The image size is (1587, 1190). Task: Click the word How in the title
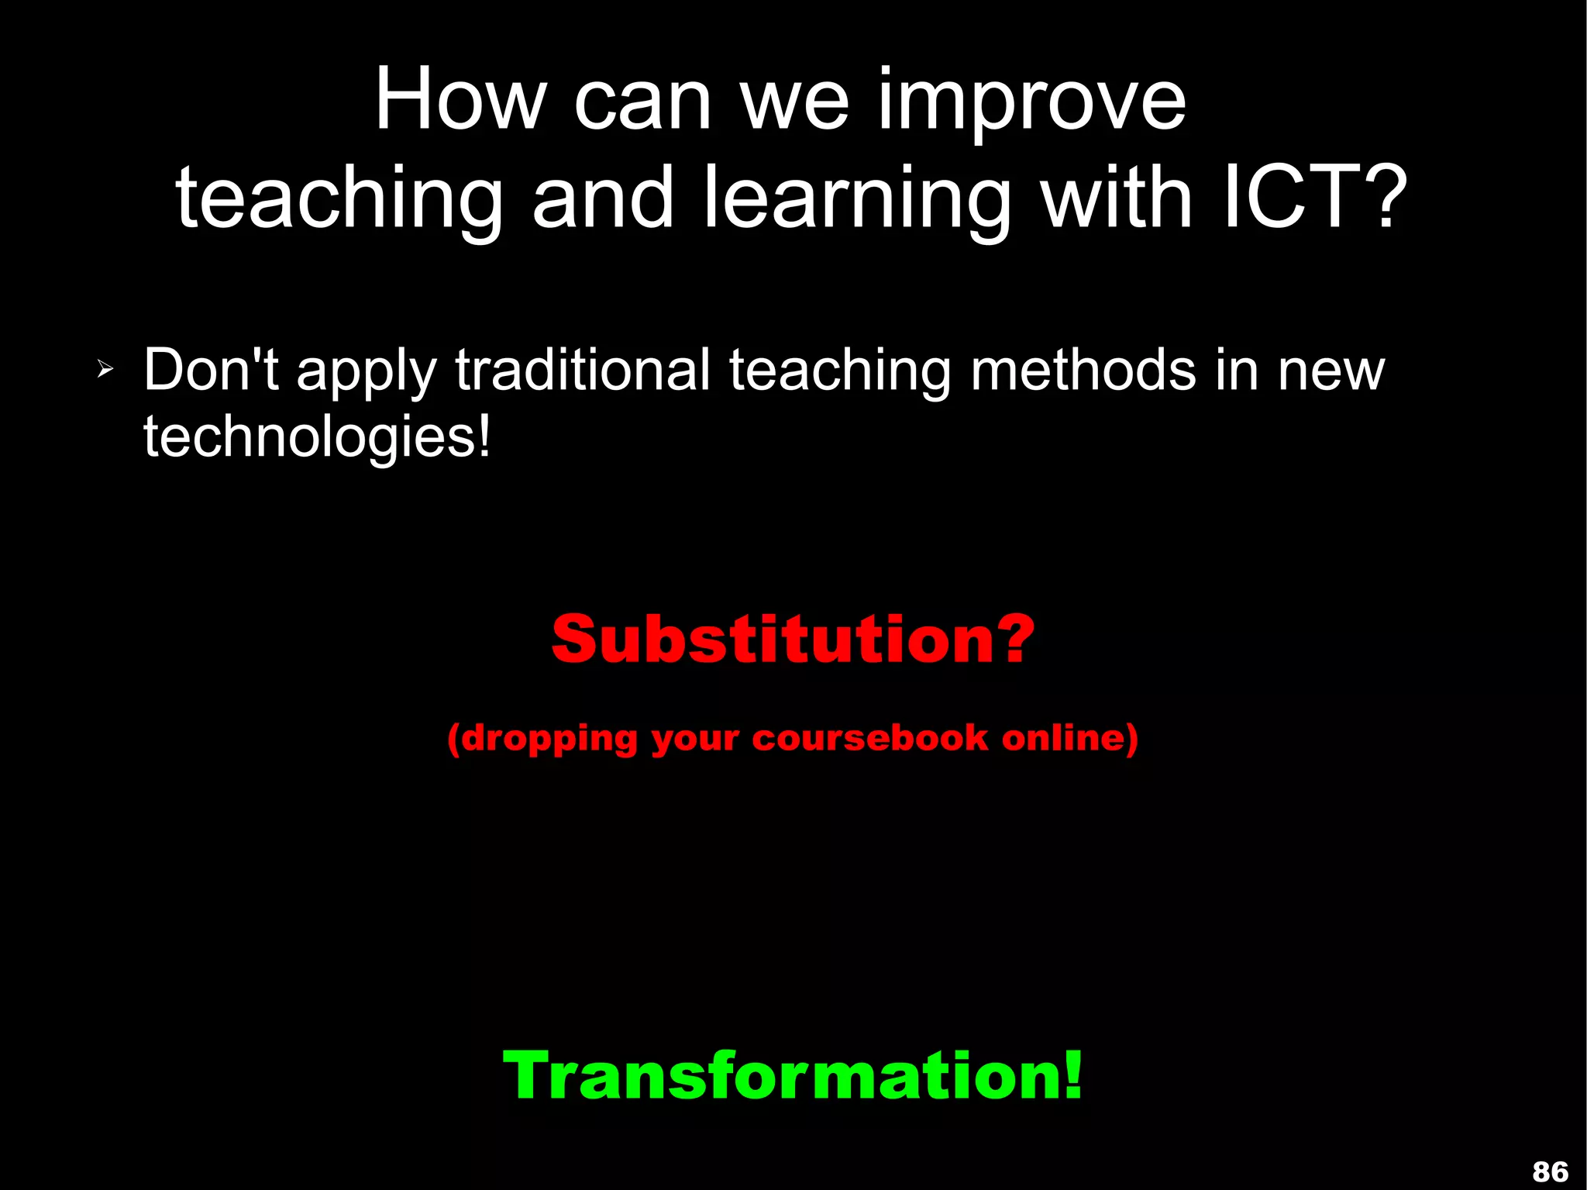point(460,101)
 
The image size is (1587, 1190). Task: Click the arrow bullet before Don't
point(105,370)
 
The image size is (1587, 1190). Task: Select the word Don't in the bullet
point(211,370)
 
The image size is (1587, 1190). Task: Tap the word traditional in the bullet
point(582,370)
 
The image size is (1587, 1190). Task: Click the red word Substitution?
point(793,640)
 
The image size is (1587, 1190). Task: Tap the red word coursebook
point(869,737)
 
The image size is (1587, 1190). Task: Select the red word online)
point(1069,737)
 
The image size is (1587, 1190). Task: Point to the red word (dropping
point(542,739)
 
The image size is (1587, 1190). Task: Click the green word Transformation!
point(793,1075)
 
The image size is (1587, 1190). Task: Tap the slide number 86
point(1550,1171)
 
